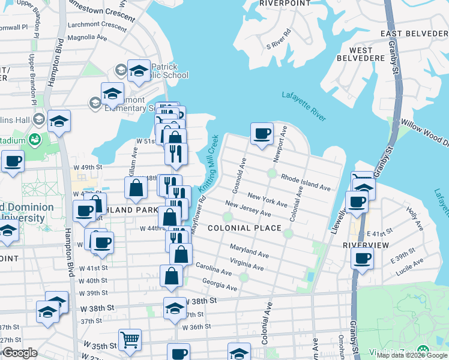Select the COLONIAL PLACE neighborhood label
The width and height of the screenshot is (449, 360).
coord(244,228)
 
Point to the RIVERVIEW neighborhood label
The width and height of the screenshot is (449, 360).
coord(366,245)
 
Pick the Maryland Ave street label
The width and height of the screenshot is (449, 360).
coord(249,251)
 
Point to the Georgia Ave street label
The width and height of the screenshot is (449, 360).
coord(220,283)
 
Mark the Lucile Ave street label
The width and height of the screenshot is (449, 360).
coord(408,271)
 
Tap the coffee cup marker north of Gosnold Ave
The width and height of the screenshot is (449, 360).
coord(262,134)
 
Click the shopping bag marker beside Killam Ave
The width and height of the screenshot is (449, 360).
coord(136,188)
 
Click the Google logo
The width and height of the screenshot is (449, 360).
coord(20,353)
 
